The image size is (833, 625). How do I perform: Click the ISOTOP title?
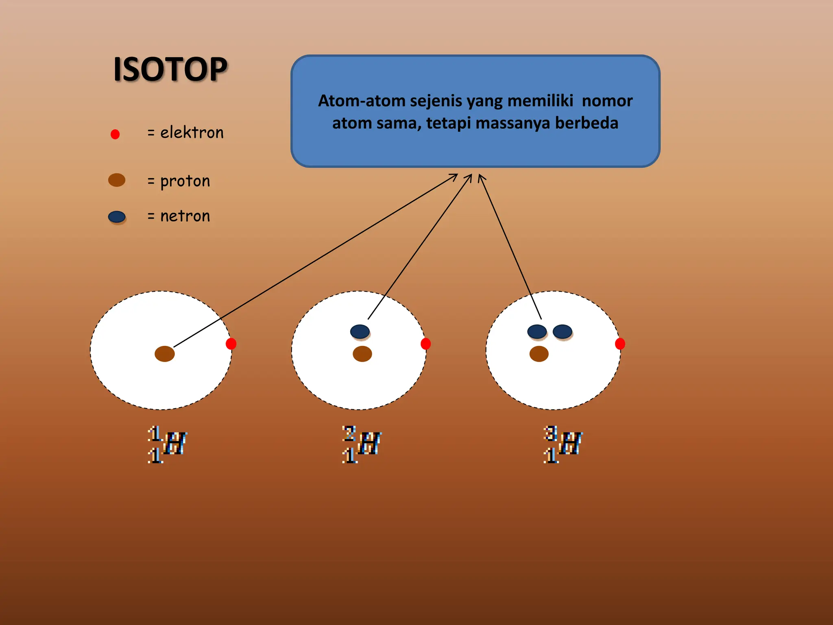click(x=170, y=70)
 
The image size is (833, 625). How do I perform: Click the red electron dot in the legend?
click(x=115, y=134)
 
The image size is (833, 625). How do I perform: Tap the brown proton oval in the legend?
click(x=117, y=180)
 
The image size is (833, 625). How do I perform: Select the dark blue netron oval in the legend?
click(x=117, y=216)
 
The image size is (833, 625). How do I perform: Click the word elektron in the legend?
click(x=192, y=133)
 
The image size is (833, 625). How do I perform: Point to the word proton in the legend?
click(x=185, y=181)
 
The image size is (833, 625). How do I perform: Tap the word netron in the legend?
click(x=185, y=216)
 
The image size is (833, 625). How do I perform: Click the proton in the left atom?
click(x=165, y=354)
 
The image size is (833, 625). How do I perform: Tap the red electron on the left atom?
click(x=231, y=344)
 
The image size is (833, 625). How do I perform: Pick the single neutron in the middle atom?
click(x=360, y=332)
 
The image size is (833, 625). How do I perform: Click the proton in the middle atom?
click(x=362, y=354)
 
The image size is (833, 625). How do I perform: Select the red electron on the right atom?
click(x=620, y=344)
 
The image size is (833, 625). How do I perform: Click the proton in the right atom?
click(x=539, y=354)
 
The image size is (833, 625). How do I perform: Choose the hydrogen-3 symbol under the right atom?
click(x=563, y=444)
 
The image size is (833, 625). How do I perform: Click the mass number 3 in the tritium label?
click(x=550, y=433)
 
